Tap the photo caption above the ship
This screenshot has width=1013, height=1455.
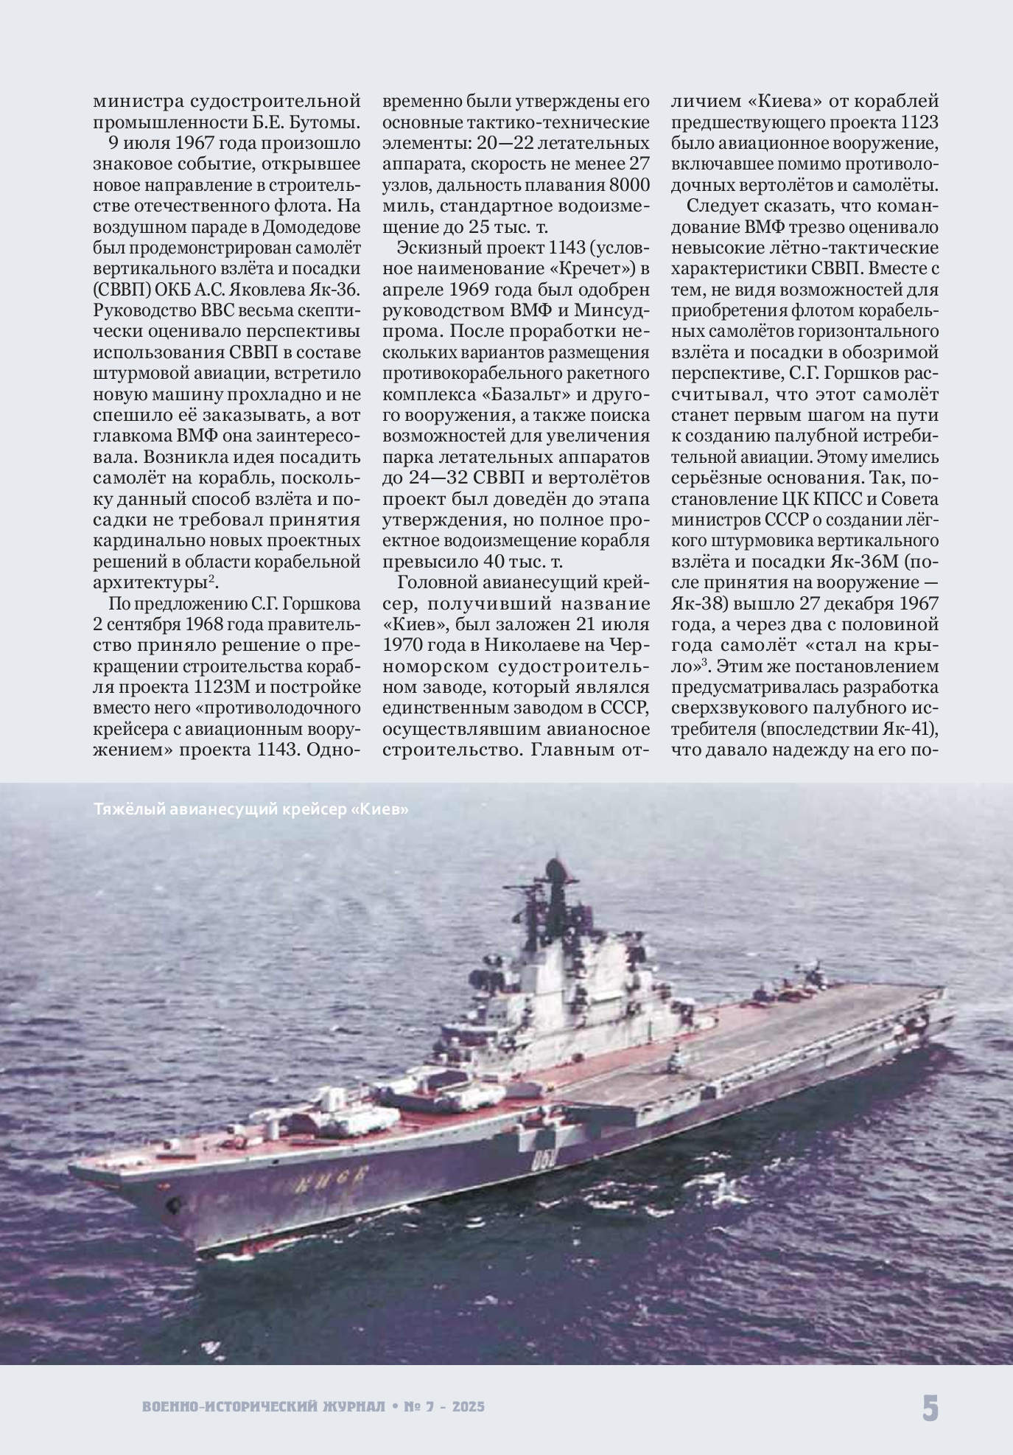coord(251,809)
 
